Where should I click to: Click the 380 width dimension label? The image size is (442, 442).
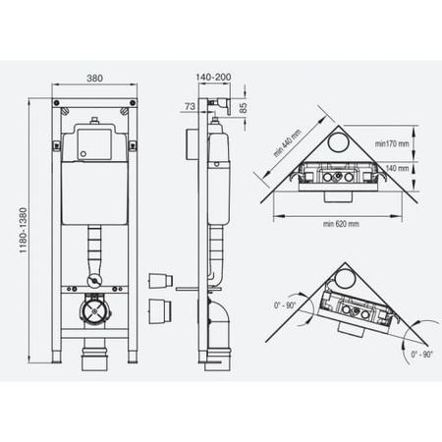point(94,79)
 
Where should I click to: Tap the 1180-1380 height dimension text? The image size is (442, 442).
point(23,231)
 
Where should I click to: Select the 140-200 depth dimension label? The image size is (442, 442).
point(213,78)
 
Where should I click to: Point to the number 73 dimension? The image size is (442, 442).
point(190,106)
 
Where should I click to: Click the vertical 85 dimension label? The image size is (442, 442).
point(244,108)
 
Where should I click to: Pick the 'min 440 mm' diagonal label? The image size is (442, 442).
point(288,143)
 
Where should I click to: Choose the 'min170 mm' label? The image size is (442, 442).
point(392,143)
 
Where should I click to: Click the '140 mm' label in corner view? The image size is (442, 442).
point(397,168)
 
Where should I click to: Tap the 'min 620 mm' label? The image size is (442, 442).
point(341,224)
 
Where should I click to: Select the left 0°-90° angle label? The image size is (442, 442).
point(285,305)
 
